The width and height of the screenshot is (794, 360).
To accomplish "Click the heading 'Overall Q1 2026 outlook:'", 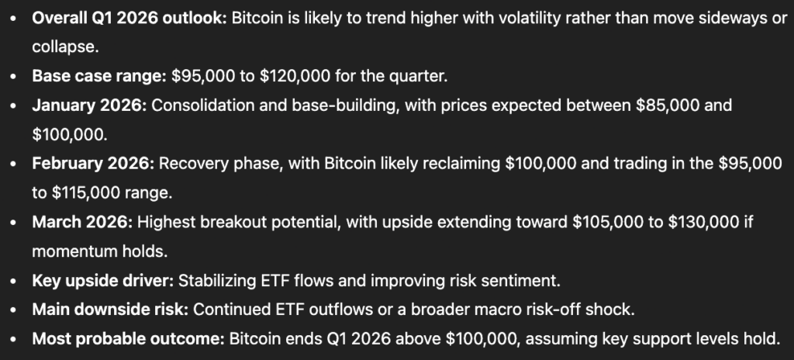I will point(129,18).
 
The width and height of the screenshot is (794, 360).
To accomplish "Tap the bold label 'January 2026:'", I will point(89,105).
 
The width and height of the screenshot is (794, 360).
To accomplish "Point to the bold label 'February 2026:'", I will point(93,164).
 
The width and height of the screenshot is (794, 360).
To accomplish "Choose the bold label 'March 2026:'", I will point(83,222).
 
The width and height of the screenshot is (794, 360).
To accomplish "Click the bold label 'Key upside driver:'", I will point(103,280).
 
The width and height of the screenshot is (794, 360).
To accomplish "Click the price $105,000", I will point(611,222).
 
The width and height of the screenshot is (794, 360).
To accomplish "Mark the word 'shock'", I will point(613,310).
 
